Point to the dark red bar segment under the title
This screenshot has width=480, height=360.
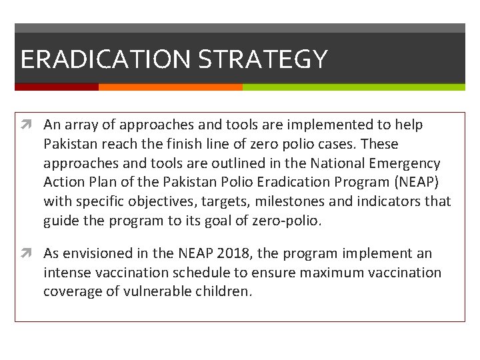(x=57, y=87)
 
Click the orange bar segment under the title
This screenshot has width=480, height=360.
(x=171, y=87)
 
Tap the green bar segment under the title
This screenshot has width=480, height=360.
(x=353, y=87)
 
